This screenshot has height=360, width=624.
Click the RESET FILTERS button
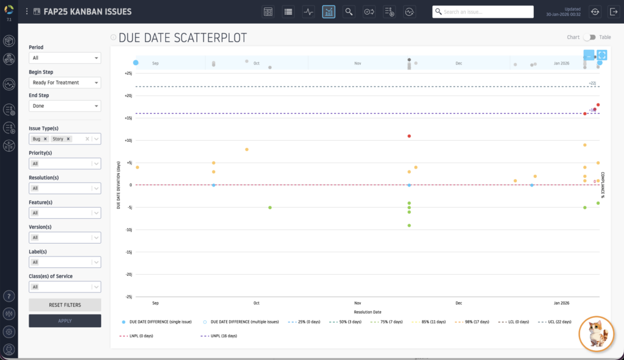[x=65, y=305]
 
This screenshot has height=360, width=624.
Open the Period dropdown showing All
[x=65, y=58]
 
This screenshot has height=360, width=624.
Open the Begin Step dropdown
[x=65, y=82]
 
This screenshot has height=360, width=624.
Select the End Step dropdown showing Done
[x=65, y=106]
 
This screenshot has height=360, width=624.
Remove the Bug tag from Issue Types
[x=45, y=139]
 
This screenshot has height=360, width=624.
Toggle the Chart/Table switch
[x=589, y=37]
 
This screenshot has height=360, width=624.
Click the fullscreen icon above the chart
[x=601, y=55]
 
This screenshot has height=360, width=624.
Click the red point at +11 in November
[x=409, y=136]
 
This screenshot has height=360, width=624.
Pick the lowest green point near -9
[x=409, y=225]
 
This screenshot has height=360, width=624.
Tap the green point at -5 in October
[x=270, y=208]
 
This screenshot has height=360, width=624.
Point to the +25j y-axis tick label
[x=127, y=73]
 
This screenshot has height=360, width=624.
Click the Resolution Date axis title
[x=367, y=312]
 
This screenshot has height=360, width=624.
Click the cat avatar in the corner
[x=595, y=334]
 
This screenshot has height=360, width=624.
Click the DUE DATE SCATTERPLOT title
[x=183, y=38]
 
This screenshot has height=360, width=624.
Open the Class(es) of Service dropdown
[x=65, y=287]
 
